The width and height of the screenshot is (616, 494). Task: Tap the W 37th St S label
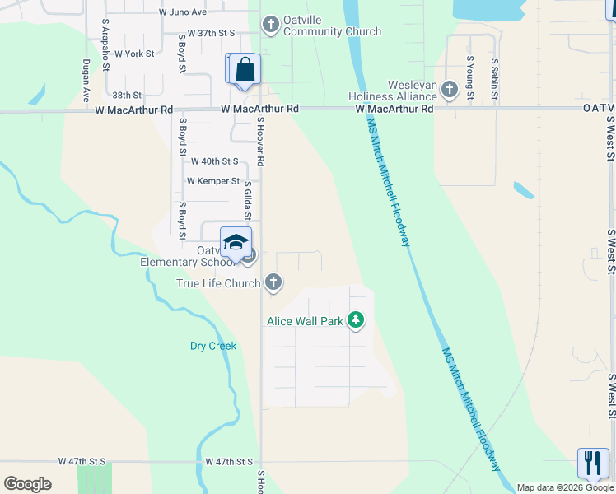[x=212, y=33]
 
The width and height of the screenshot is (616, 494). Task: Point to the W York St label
[x=134, y=54]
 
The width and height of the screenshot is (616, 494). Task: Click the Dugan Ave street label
[x=86, y=79]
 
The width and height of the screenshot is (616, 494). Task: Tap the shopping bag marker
[x=245, y=70]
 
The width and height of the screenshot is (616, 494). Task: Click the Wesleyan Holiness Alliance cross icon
[x=450, y=89]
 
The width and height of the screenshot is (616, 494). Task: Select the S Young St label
[x=470, y=77]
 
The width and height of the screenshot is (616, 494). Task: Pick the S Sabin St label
[x=495, y=77]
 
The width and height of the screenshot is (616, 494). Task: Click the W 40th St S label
[x=212, y=161]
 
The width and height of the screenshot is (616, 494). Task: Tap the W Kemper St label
[x=212, y=181]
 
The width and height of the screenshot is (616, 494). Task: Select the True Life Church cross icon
[x=273, y=283]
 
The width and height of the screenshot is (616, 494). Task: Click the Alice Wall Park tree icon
[x=356, y=319]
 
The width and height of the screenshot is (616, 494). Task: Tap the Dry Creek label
[x=213, y=346]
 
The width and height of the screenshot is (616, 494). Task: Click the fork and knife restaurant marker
[x=592, y=463]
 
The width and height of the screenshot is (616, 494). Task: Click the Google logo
[x=28, y=484]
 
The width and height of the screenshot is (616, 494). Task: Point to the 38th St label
[x=128, y=96]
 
